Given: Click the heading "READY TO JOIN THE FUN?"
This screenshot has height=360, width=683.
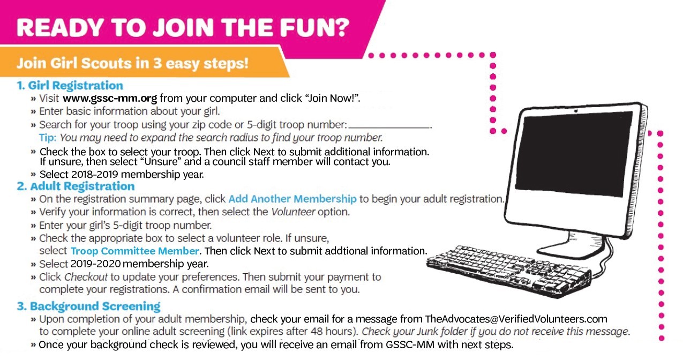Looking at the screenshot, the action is pos(183,28).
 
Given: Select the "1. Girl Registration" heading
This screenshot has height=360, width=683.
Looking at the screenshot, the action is pos(70,86).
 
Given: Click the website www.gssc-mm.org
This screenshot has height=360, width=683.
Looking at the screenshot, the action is pos(110,98).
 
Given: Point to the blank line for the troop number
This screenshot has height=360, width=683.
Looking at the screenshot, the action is pos(389,127).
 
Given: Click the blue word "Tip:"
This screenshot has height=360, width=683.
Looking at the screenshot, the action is pos(48,138).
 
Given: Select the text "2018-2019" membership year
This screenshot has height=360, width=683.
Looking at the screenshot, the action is pos(94,174).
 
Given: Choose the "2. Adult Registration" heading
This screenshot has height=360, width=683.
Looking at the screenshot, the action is pos(76,186).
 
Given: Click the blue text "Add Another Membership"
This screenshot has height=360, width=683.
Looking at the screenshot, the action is pos(292,199).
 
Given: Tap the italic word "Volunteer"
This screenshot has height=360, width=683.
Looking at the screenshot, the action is pos(293,212).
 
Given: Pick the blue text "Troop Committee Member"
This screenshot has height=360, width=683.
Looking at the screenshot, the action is pos(135,251).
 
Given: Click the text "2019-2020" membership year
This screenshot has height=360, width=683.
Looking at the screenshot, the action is pos(95,264).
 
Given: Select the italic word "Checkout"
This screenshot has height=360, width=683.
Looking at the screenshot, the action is pos(86,277).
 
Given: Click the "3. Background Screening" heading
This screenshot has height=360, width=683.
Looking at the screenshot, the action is pos(89,306).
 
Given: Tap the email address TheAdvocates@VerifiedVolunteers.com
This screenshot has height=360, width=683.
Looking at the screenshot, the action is pos(516,319).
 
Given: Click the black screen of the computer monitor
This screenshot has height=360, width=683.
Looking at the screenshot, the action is pos(574,154).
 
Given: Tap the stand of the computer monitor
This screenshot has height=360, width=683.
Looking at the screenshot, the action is pos(576,245).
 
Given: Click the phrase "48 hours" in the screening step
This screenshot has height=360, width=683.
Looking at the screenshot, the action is pos(333,332).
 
